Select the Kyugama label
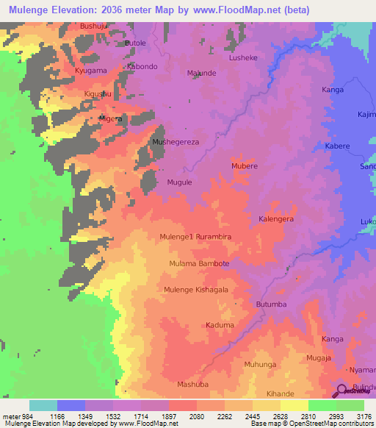90,70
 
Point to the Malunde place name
201,74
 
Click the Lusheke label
243,57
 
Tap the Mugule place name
179,182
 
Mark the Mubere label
245,166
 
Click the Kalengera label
276,219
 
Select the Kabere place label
337,146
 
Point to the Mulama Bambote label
199,263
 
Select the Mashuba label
193,384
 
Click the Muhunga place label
260,364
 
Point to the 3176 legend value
362,416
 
